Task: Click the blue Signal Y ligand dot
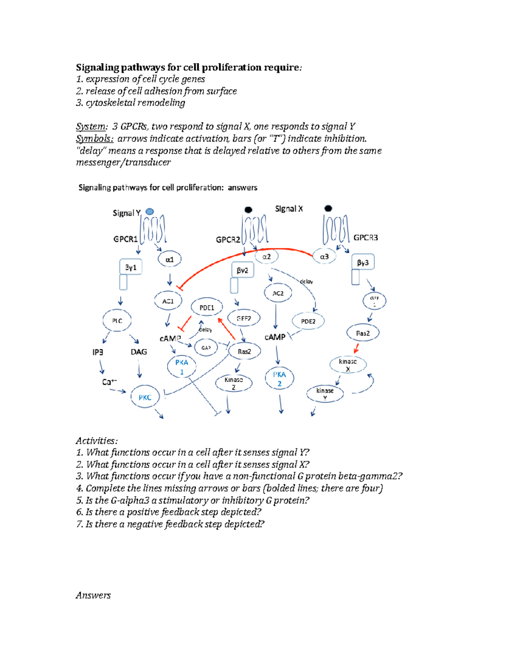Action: (x=149, y=212)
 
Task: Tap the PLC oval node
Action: (x=117, y=321)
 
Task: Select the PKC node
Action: (x=145, y=397)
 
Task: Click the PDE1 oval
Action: (x=207, y=308)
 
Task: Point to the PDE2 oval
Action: (x=308, y=321)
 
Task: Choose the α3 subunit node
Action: (x=324, y=257)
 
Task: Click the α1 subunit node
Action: (x=169, y=259)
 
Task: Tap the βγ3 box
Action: (x=363, y=262)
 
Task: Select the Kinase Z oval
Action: (x=234, y=383)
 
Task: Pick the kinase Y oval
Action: (x=325, y=393)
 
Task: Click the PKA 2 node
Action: (x=279, y=378)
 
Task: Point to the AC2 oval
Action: (x=278, y=293)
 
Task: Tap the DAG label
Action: (x=139, y=352)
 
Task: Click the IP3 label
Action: (x=98, y=352)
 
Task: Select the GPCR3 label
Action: (x=365, y=238)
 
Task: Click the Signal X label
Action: (x=289, y=209)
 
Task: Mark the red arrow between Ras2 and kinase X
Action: (x=356, y=348)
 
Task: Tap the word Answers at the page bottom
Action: (x=93, y=595)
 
